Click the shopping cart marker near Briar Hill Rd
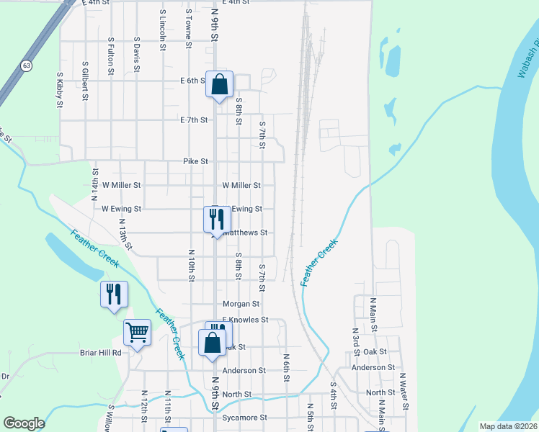click(137, 332)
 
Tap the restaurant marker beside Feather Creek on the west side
click(114, 294)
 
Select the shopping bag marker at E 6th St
click(219, 84)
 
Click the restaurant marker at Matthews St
click(217, 219)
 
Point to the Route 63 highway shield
click(26, 66)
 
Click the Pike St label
click(195, 161)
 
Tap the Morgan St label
click(241, 304)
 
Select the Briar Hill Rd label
click(100, 353)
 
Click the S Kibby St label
click(59, 89)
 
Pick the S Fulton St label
click(110, 56)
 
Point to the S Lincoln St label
click(163, 29)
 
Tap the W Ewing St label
click(121, 208)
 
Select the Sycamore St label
click(244, 418)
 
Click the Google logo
click(24, 423)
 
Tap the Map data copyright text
click(509, 426)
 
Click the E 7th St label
click(195, 120)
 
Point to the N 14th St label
click(94, 183)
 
